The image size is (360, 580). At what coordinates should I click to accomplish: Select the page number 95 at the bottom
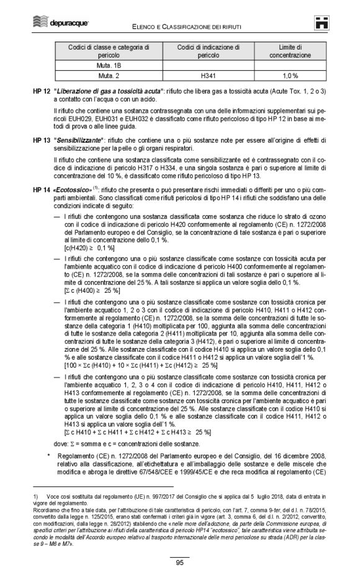pyautogui.click(x=179, y=563)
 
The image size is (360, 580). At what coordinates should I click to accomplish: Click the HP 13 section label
pyautogui.click(x=41, y=140)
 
